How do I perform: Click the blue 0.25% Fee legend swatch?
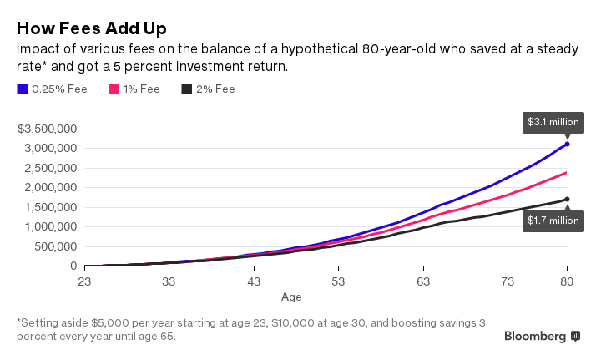tap(23, 89)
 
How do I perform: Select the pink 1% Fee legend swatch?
tap(114, 89)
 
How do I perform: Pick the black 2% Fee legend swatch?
tap(189, 89)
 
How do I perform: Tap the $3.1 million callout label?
tap(553, 121)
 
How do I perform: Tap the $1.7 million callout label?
tap(553, 221)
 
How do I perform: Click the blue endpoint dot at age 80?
tap(568, 144)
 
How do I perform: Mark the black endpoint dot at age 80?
tap(568, 199)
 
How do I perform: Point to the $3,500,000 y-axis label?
tap(48, 129)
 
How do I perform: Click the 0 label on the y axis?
tap(73, 266)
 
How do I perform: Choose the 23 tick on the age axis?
tap(84, 282)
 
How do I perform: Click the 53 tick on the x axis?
tap(338, 282)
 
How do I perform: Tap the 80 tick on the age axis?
tap(568, 282)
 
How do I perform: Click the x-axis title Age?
tap(291, 297)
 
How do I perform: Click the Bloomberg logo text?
tap(536, 336)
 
